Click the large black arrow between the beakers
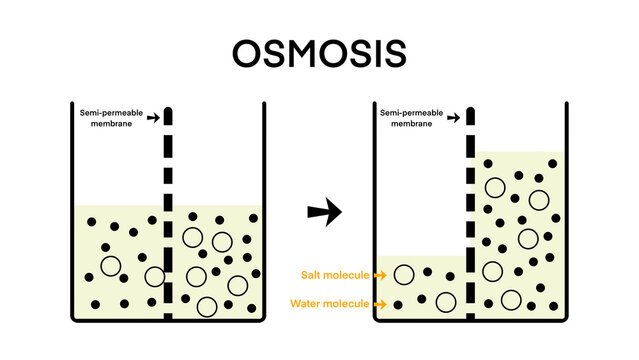[324, 211]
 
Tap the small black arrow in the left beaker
[152, 118]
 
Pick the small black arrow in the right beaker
[453, 118]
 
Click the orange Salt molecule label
[335, 274]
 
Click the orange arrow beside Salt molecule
[380, 274]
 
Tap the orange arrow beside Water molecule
[380, 303]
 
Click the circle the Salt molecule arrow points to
[404, 273]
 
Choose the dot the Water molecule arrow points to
[398, 303]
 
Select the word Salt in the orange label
[311, 274]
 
